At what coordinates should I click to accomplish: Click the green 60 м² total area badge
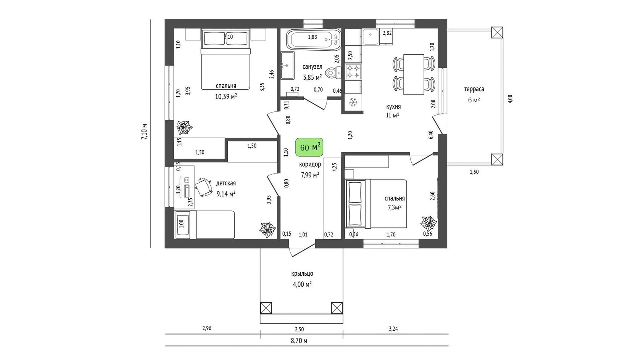click(309, 147)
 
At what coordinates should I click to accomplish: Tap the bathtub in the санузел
click(314, 39)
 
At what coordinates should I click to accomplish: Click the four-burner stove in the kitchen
click(353, 72)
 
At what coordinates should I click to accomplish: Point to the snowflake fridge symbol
click(353, 102)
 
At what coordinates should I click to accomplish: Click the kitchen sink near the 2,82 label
click(370, 37)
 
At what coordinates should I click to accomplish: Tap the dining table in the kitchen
click(414, 74)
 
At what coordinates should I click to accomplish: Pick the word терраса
click(474, 89)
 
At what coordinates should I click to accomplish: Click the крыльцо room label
click(302, 274)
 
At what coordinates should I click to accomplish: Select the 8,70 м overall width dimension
click(299, 341)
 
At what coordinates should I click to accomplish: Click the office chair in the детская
click(204, 186)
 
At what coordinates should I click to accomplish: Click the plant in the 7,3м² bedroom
click(428, 222)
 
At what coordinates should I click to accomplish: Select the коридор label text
click(310, 164)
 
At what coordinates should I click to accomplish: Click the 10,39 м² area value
click(226, 96)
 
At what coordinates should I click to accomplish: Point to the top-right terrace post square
click(497, 32)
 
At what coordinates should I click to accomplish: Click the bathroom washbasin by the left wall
click(287, 66)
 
